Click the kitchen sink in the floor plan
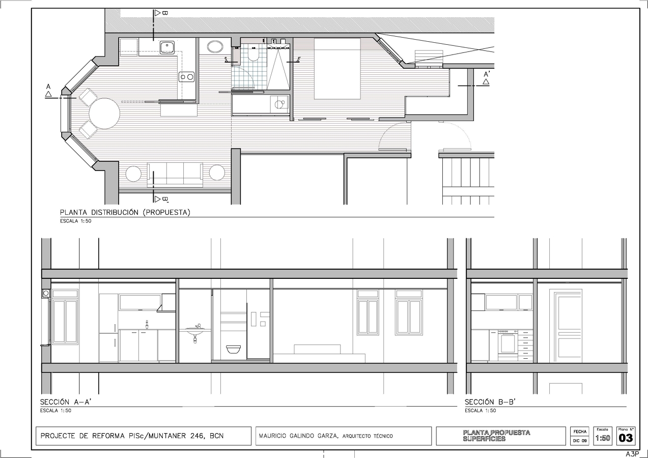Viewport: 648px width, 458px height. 167,48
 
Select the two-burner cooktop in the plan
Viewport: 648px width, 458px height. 186,77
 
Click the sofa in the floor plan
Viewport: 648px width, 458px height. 175,174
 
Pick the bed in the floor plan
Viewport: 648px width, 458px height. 336,69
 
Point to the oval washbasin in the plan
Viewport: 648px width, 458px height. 214,47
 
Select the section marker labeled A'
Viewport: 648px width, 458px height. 486,77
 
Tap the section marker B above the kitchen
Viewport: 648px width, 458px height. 160,13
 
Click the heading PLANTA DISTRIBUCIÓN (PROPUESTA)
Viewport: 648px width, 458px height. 125,213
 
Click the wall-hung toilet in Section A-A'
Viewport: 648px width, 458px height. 233,349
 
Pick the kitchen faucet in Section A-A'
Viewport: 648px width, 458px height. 147,324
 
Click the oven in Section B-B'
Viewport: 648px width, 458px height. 507,342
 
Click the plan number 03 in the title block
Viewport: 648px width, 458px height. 626,438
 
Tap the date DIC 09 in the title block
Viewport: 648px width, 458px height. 579,441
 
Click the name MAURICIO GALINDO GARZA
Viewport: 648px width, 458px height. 298,436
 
